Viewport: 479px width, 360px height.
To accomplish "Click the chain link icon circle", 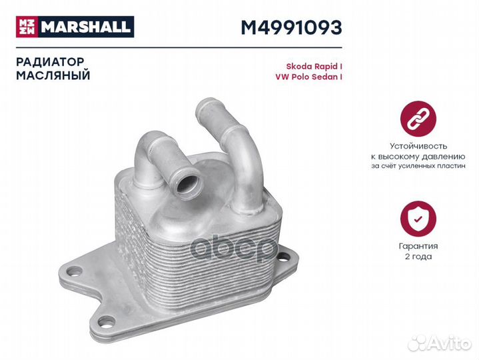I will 418,119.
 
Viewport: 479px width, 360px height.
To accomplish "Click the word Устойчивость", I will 418,145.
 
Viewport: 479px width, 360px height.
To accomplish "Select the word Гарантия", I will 418,246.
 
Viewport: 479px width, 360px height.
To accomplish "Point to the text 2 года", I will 418,257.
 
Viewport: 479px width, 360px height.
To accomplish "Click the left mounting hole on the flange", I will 74,271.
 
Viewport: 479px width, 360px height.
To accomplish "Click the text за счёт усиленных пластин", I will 418,167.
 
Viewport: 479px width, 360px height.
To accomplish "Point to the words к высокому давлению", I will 418,156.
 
